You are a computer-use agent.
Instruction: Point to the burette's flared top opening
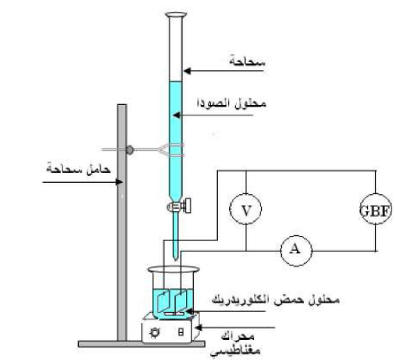click(176, 15)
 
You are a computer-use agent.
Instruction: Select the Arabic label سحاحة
click(247, 62)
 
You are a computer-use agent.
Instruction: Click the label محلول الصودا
click(231, 104)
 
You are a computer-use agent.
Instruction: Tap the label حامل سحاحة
click(78, 168)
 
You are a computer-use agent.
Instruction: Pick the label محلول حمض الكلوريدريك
click(276, 300)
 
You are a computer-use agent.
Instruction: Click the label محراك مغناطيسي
click(235, 343)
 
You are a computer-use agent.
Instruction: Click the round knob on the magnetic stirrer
click(155, 332)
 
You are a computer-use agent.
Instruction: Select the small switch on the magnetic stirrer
click(180, 332)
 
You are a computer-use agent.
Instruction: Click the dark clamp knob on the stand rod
click(130, 150)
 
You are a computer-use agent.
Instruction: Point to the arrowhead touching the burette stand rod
click(119, 182)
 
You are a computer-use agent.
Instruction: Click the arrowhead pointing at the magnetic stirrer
click(199, 328)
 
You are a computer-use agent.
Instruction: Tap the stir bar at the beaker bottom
click(174, 314)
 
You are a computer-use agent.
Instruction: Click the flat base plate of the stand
click(142, 344)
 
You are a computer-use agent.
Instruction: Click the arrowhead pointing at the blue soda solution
click(177, 115)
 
